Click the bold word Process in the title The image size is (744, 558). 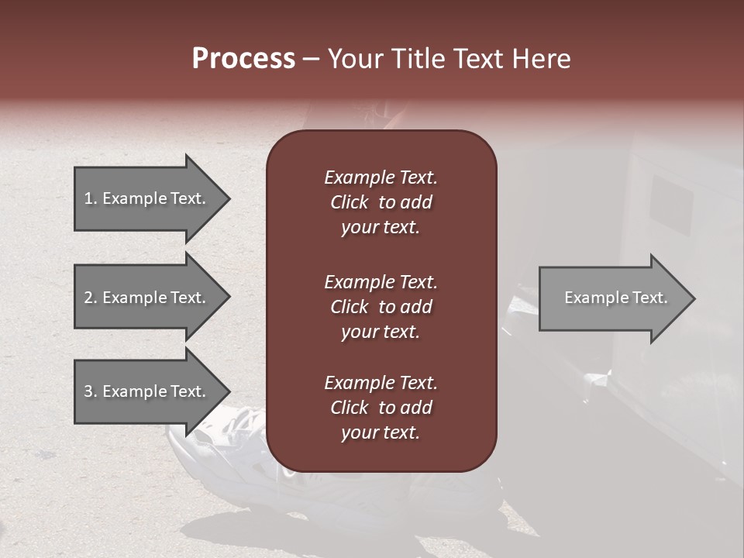click(243, 59)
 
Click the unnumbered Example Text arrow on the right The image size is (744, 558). click(615, 298)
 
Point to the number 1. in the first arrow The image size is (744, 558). click(90, 198)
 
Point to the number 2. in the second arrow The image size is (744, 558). click(90, 298)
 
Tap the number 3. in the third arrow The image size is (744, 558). click(90, 391)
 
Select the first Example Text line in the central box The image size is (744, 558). click(381, 177)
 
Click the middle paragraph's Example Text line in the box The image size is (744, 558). click(381, 282)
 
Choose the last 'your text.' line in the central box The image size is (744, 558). click(381, 432)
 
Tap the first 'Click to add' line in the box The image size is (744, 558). click(381, 202)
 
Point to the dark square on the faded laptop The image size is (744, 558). click(670, 205)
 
